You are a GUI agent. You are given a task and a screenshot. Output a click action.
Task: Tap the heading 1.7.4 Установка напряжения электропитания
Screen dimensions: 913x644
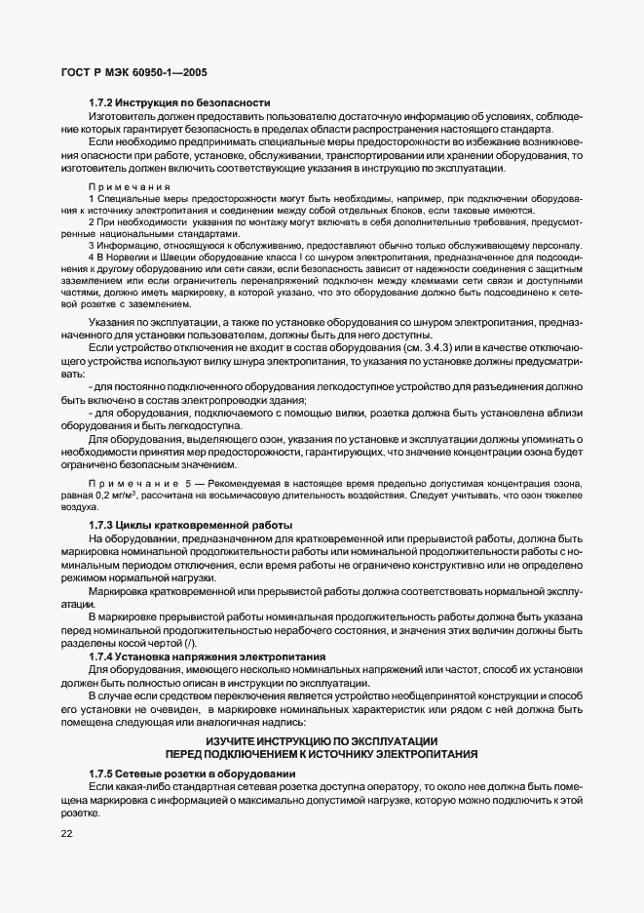208,656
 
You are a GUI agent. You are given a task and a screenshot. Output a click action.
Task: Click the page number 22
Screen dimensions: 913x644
67,834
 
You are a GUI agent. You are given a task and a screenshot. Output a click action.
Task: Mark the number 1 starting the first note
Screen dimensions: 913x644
91,198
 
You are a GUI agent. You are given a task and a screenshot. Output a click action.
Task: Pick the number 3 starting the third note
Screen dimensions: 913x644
91,244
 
